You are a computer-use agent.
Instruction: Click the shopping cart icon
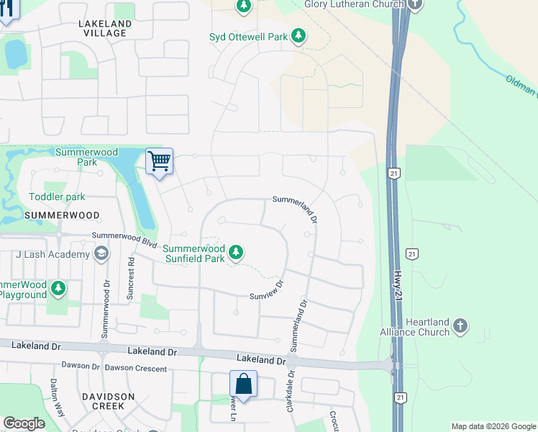pos(159,161)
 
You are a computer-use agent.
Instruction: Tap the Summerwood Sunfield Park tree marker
pos(235,253)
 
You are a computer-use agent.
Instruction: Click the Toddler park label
pos(57,197)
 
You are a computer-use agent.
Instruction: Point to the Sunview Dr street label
pos(267,291)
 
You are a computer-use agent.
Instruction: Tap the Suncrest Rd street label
pos(131,278)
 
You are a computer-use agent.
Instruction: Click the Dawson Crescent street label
pos(136,369)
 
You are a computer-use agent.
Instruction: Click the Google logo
pos(24,423)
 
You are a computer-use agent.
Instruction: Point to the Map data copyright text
pos(493,426)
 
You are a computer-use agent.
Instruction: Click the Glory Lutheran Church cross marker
pos(415,4)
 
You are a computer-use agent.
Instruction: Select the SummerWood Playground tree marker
pos(58,289)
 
